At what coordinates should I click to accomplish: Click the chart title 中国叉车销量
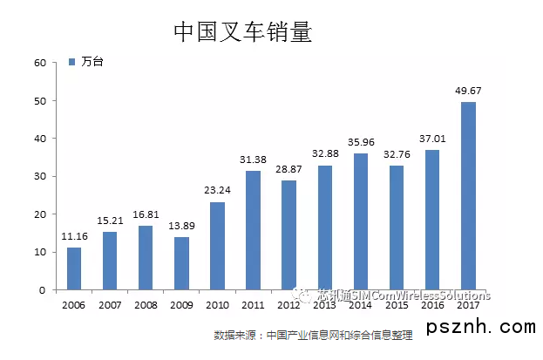pos(242,32)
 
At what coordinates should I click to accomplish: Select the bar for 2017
pos(468,196)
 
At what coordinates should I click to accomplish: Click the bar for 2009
pos(181,263)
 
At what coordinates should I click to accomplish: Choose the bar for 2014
pos(361,221)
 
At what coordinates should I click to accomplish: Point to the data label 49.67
pos(469,90)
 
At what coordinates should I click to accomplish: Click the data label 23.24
pos(218,190)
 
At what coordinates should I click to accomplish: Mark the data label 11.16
pos(75,235)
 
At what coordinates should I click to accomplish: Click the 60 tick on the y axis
pos(39,63)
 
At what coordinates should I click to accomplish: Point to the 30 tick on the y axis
pos(39,176)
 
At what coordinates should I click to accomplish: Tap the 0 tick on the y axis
pos(42,290)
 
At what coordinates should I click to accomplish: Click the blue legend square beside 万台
pos(72,62)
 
